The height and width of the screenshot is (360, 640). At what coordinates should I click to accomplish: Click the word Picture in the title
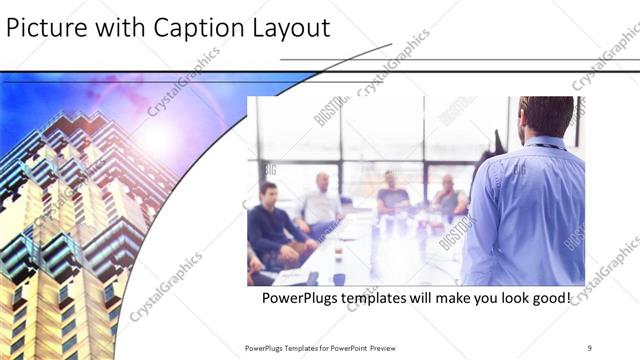coord(43,28)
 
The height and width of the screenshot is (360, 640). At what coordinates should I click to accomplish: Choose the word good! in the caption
coord(546,297)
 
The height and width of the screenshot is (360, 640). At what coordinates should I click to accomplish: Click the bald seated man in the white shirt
coord(322,200)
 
